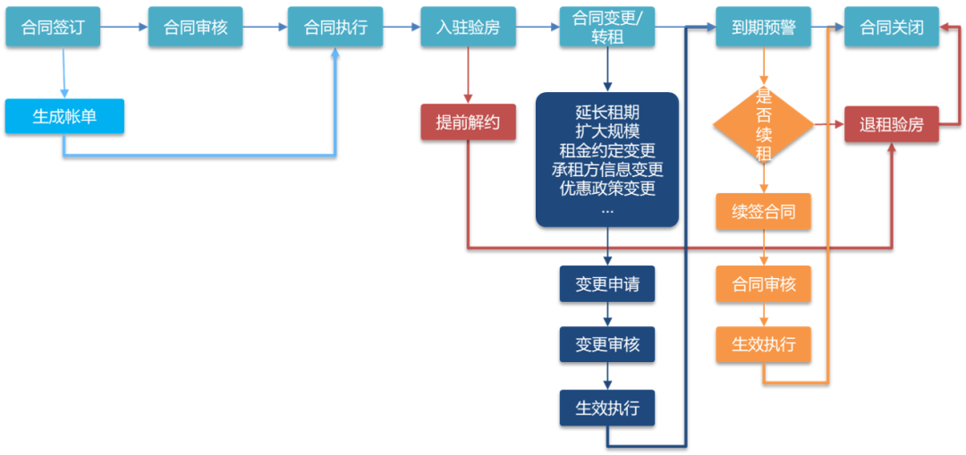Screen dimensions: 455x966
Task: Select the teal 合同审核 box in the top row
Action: tap(195, 27)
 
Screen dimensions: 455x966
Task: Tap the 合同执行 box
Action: tap(335, 27)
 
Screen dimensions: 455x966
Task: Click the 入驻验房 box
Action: tap(468, 27)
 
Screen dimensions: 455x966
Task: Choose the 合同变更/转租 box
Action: tap(607, 27)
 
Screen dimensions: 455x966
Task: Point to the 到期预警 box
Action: tap(763, 27)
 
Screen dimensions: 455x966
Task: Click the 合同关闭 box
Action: tap(892, 27)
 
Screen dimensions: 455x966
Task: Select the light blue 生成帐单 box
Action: tap(64, 116)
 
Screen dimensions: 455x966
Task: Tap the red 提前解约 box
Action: tap(468, 122)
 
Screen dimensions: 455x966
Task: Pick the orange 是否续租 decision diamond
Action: tap(763, 124)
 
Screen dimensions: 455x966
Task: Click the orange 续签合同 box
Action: tap(763, 212)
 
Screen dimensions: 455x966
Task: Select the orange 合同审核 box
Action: tap(763, 284)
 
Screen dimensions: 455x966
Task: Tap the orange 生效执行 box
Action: tap(763, 344)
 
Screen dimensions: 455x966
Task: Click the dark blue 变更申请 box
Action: tap(607, 284)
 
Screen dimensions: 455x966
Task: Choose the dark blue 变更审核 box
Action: tap(607, 344)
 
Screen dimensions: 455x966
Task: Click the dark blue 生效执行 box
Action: tap(607, 408)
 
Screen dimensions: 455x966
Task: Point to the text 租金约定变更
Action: tap(607, 150)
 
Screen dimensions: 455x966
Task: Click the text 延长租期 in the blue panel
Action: tap(607, 113)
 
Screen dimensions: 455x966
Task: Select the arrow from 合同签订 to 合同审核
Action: tap(123, 28)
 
